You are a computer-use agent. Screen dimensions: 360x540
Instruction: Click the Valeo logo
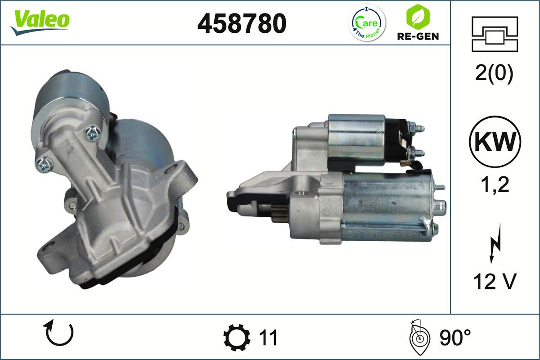click(x=40, y=21)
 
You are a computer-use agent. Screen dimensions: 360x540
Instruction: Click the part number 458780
click(x=242, y=23)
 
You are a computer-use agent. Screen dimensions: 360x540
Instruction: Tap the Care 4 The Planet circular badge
click(x=368, y=23)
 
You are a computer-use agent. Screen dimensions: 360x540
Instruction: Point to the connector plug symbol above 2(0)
click(x=495, y=33)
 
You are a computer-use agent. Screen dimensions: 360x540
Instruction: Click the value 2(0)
click(x=494, y=74)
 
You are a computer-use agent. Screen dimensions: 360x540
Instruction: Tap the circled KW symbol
click(x=495, y=141)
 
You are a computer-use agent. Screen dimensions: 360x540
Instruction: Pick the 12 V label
click(x=495, y=282)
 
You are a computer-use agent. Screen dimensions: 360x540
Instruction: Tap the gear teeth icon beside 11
click(x=237, y=337)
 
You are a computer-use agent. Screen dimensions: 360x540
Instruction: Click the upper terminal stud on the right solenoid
click(x=417, y=127)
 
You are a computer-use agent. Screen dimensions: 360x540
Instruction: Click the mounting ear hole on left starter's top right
click(x=179, y=169)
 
